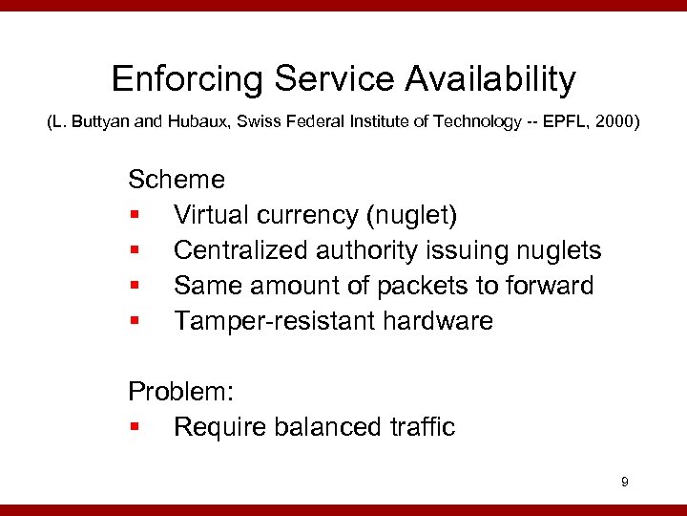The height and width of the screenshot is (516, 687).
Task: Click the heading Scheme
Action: click(177, 180)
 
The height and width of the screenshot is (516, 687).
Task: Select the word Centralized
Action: click(244, 250)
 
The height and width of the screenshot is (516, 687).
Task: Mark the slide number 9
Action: click(624, 483)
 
